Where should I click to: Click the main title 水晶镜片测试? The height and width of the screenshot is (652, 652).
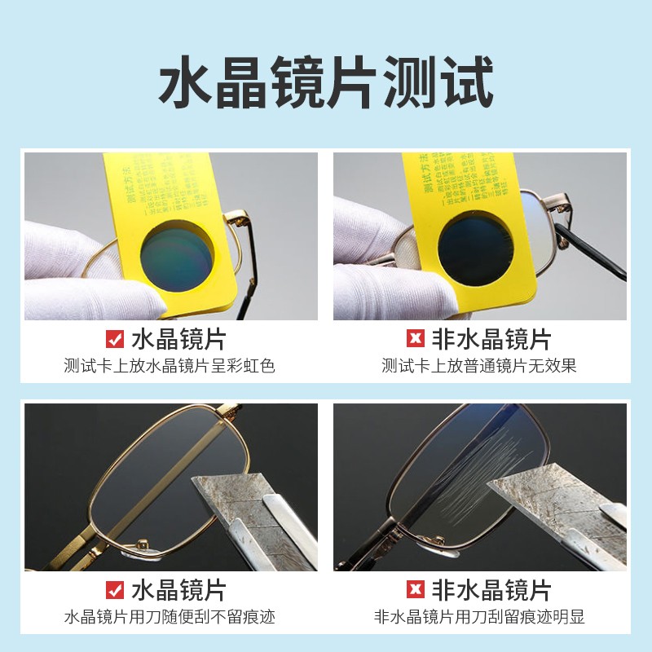click(326, 81)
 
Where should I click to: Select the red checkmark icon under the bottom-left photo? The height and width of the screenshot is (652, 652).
click(116, 590)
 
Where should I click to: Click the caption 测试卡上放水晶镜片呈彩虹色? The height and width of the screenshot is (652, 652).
click(170, 366)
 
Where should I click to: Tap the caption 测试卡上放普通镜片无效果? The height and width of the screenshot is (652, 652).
click(479, 366)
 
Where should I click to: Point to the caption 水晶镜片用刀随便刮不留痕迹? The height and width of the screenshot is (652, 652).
click(170, 617)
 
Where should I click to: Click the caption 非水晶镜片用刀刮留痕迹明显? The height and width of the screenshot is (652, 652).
click(479, 617)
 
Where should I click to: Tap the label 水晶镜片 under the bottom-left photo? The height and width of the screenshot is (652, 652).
click(178, 590)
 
